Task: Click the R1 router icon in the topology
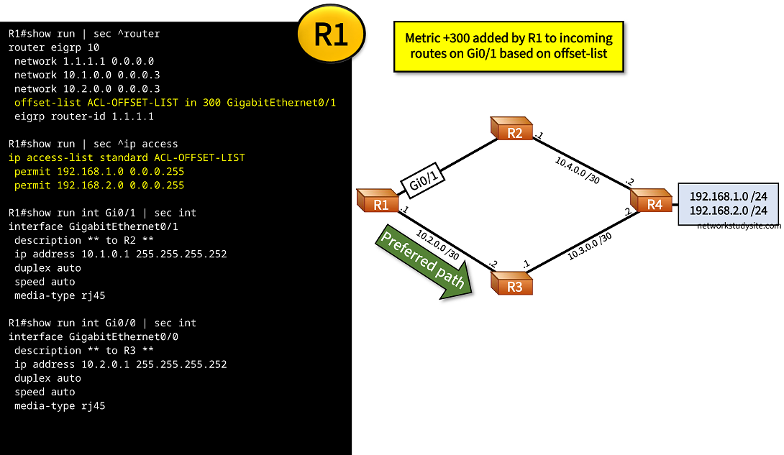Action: (x=379, y=201)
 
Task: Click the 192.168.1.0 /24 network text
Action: (x=728, y=196)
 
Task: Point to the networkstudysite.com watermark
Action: (x=739, y=226)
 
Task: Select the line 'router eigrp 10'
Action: (x=50, y=47)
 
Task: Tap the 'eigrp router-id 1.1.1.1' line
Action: (x=83, y=116)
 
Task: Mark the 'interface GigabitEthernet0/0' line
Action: (x=94, y=336)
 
